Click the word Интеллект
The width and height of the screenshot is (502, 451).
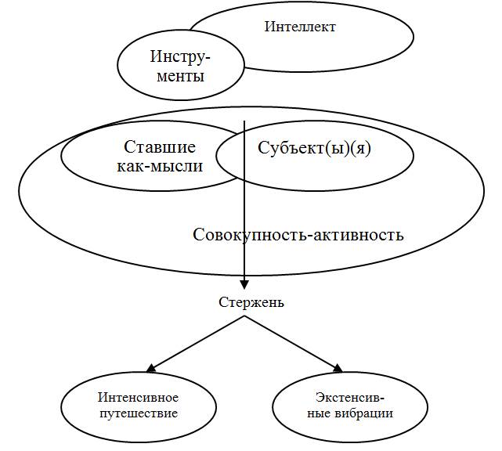point(300,27)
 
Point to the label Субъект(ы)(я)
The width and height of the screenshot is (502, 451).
point(314,148)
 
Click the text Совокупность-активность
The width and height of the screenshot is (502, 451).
point(298,234)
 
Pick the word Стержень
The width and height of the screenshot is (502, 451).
point(251,303)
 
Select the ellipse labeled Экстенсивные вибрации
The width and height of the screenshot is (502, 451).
point(349,406)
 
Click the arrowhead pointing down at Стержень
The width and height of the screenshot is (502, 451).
point(245,286)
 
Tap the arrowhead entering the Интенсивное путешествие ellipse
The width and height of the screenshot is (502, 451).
point(150,367)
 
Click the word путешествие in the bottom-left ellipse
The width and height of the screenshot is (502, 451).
point(138,413)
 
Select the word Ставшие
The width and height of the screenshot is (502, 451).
point(160,147)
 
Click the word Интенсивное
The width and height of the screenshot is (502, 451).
point(138,399)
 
